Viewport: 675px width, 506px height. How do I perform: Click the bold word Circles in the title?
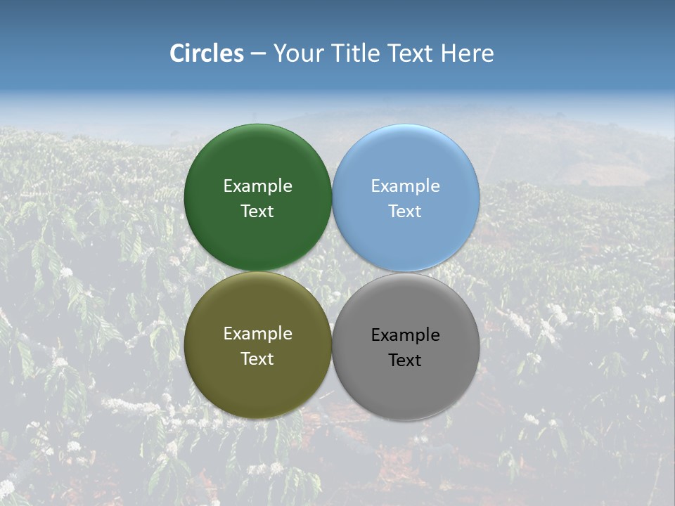(x=206, y=53)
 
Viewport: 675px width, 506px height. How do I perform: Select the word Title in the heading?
(x=358, y=53)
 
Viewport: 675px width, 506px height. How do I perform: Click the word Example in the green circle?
(x=257, y=186)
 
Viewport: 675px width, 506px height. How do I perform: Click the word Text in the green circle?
(x=257, y=212)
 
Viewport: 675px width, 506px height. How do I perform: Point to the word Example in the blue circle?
(x=405, y=186)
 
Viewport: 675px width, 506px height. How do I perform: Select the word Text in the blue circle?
(x=405, y=212)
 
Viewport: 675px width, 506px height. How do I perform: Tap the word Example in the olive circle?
(x=257, y=334)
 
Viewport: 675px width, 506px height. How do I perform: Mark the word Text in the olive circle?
(x=257, y=359)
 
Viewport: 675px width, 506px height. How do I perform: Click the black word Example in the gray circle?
(x=405, y=335)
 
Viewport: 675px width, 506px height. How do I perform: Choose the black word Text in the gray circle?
(x=405, y=361)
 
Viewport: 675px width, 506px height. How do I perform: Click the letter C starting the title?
(x=177, y=53)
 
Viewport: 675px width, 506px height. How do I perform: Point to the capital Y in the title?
(x=279, y=53)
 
